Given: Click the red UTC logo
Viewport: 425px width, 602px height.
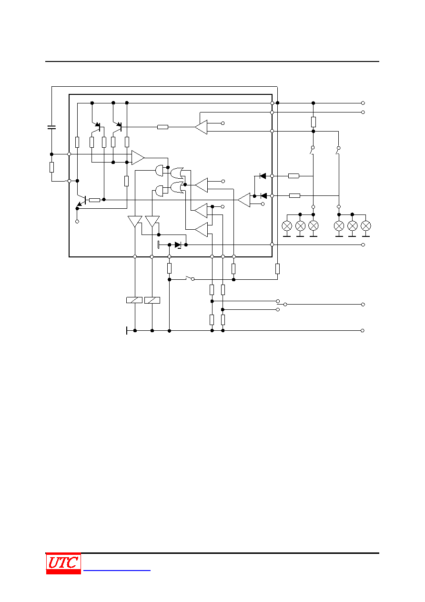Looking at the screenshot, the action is point(63,563).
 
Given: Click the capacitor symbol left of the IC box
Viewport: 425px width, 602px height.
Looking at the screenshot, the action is point(51,127).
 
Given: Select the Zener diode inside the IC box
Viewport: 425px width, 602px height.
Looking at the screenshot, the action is point(178,245).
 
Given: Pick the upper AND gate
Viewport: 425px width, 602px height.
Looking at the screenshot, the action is point(159,170).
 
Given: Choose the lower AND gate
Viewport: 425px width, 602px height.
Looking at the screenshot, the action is point(159,191).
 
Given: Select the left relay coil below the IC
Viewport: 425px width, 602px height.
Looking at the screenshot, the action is point(134,300).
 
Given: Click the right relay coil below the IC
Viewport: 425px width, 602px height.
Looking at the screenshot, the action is point(152,300).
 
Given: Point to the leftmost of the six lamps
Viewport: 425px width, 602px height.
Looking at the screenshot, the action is point(287,226).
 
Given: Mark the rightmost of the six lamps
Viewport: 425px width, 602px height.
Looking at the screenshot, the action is point(366,226).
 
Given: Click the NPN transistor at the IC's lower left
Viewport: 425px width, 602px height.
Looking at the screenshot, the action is point(81,201).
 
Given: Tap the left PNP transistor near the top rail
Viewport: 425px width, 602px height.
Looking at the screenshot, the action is point(96,127).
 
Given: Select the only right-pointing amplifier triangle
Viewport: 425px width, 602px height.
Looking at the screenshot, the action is point(138,158).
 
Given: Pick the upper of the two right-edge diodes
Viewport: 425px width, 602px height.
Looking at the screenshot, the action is point(263,176).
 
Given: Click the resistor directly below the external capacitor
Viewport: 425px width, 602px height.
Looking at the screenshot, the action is point(51,167).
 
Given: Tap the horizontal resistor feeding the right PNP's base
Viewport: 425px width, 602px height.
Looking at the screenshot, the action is point(162,127).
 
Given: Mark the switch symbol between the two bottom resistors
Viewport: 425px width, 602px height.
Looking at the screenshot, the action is point(190,278).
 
